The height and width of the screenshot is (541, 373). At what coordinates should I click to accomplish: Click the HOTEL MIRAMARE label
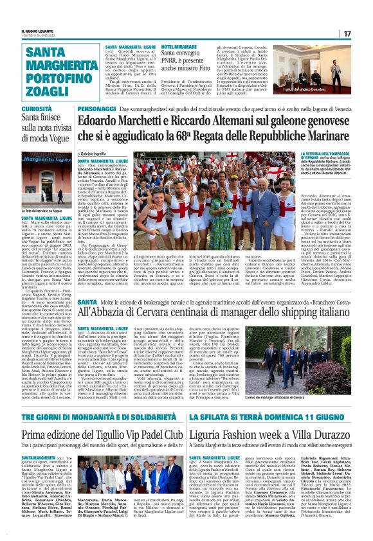pyautogui.click(x=179, y=47)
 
